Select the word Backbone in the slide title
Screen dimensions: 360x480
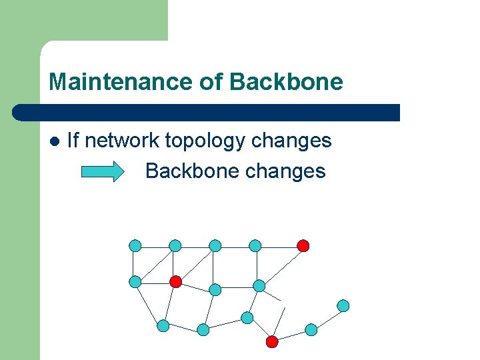point(286,83)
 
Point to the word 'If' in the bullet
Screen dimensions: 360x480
point(73,141)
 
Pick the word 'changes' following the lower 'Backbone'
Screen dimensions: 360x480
point(285,171)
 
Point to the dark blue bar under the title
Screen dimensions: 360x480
point(207,113)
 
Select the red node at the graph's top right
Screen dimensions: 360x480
point(303,245)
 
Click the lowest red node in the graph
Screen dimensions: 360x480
point(272,342)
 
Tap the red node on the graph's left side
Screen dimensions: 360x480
point(175,281)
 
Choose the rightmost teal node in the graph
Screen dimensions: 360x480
point(343,306)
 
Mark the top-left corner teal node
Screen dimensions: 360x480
point(135,245)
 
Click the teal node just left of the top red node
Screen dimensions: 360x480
point(255,245)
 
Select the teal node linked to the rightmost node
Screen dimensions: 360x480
point(311,329)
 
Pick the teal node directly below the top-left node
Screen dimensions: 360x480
point(135,281)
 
